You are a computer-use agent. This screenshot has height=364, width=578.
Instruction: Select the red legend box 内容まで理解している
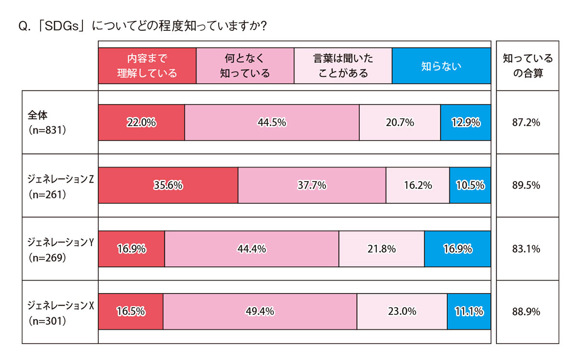click(147, 65)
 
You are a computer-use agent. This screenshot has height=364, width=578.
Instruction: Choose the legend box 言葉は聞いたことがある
click(343, 65)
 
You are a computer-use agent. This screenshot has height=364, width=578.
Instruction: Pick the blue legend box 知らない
click(441, 65)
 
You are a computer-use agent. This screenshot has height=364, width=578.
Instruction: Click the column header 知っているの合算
click(528, 65)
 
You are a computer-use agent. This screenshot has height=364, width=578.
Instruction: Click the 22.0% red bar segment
click(141, 123)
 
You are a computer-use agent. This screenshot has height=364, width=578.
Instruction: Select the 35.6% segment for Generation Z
click(168, 185)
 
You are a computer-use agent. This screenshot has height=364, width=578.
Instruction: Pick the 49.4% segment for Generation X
click(260, 312)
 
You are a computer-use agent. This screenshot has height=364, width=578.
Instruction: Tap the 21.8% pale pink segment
click(381, 249)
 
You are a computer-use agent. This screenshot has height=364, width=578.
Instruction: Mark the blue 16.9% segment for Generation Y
click(458, 249)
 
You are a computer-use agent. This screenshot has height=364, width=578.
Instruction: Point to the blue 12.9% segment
click(466, 123)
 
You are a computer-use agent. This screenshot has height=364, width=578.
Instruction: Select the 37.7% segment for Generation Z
click(312, 185)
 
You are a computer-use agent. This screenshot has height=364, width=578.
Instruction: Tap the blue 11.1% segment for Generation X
click(469, 312)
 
